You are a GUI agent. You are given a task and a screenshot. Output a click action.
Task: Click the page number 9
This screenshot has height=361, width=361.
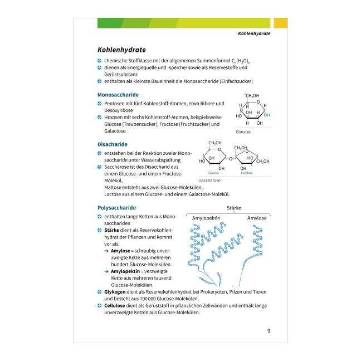pos(269,331)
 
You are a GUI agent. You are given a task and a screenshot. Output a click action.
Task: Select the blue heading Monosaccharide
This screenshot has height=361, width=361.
pos(118,95)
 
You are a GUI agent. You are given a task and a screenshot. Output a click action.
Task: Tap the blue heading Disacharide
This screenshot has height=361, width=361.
pos(113,144)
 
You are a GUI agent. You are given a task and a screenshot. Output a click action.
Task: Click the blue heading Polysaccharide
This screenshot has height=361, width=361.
pos(116,208)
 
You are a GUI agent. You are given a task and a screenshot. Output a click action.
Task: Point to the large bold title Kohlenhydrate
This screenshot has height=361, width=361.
pos(121,50)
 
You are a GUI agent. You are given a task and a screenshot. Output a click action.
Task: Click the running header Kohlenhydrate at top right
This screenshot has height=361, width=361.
pos(254,33)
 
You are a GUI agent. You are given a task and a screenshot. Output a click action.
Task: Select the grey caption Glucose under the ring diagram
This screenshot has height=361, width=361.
pos(243,132)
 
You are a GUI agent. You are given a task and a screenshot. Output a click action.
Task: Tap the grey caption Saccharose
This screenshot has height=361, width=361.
pos(209,180)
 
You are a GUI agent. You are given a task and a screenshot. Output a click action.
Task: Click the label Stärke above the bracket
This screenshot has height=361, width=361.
pos(234,208)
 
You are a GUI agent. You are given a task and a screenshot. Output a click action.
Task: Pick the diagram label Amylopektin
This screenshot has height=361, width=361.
pos(206,218)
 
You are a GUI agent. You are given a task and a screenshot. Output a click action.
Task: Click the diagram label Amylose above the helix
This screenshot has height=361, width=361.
pos(257,218)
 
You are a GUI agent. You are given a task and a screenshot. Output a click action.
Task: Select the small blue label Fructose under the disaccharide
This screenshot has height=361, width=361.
pos(247,173)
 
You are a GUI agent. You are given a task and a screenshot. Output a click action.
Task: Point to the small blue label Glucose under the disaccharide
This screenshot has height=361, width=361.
pos(213,173)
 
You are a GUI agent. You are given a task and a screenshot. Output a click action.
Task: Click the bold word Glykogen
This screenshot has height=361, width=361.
pos(115,292)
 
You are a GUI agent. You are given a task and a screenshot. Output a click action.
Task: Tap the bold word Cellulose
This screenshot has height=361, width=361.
pos(114,306)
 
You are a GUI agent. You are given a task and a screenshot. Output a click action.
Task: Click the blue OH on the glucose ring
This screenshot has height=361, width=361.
pos(267,115)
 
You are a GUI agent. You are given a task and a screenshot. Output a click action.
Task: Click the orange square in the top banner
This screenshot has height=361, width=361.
pos(281,23)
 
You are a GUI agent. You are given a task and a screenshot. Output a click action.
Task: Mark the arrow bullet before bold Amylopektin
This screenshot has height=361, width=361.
pos(106,271)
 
